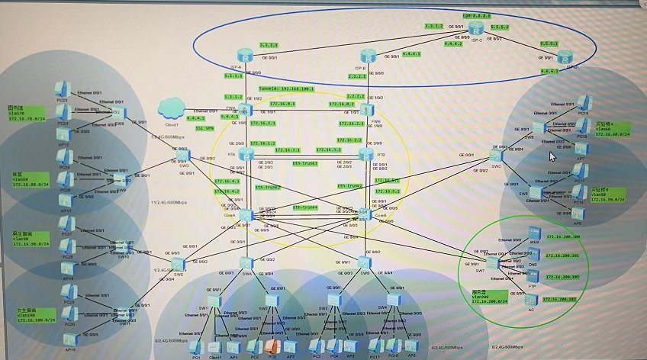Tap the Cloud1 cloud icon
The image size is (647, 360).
click(172, 108)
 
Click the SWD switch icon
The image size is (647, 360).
click(183, 154)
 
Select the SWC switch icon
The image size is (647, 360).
click(497, 148)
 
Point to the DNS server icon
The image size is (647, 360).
click(533, 256)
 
